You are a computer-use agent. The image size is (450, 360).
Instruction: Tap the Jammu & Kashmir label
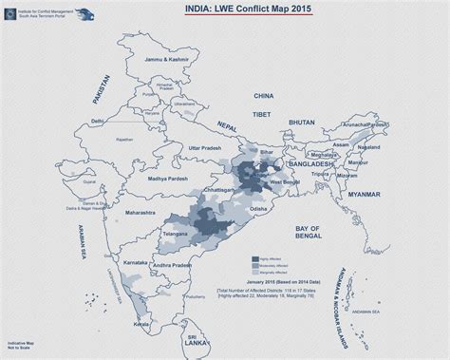163,59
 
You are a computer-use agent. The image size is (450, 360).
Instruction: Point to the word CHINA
263,95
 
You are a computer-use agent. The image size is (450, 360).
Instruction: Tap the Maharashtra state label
139,212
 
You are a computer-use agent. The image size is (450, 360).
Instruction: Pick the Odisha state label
257,208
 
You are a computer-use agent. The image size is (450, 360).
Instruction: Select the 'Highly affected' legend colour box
253,257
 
